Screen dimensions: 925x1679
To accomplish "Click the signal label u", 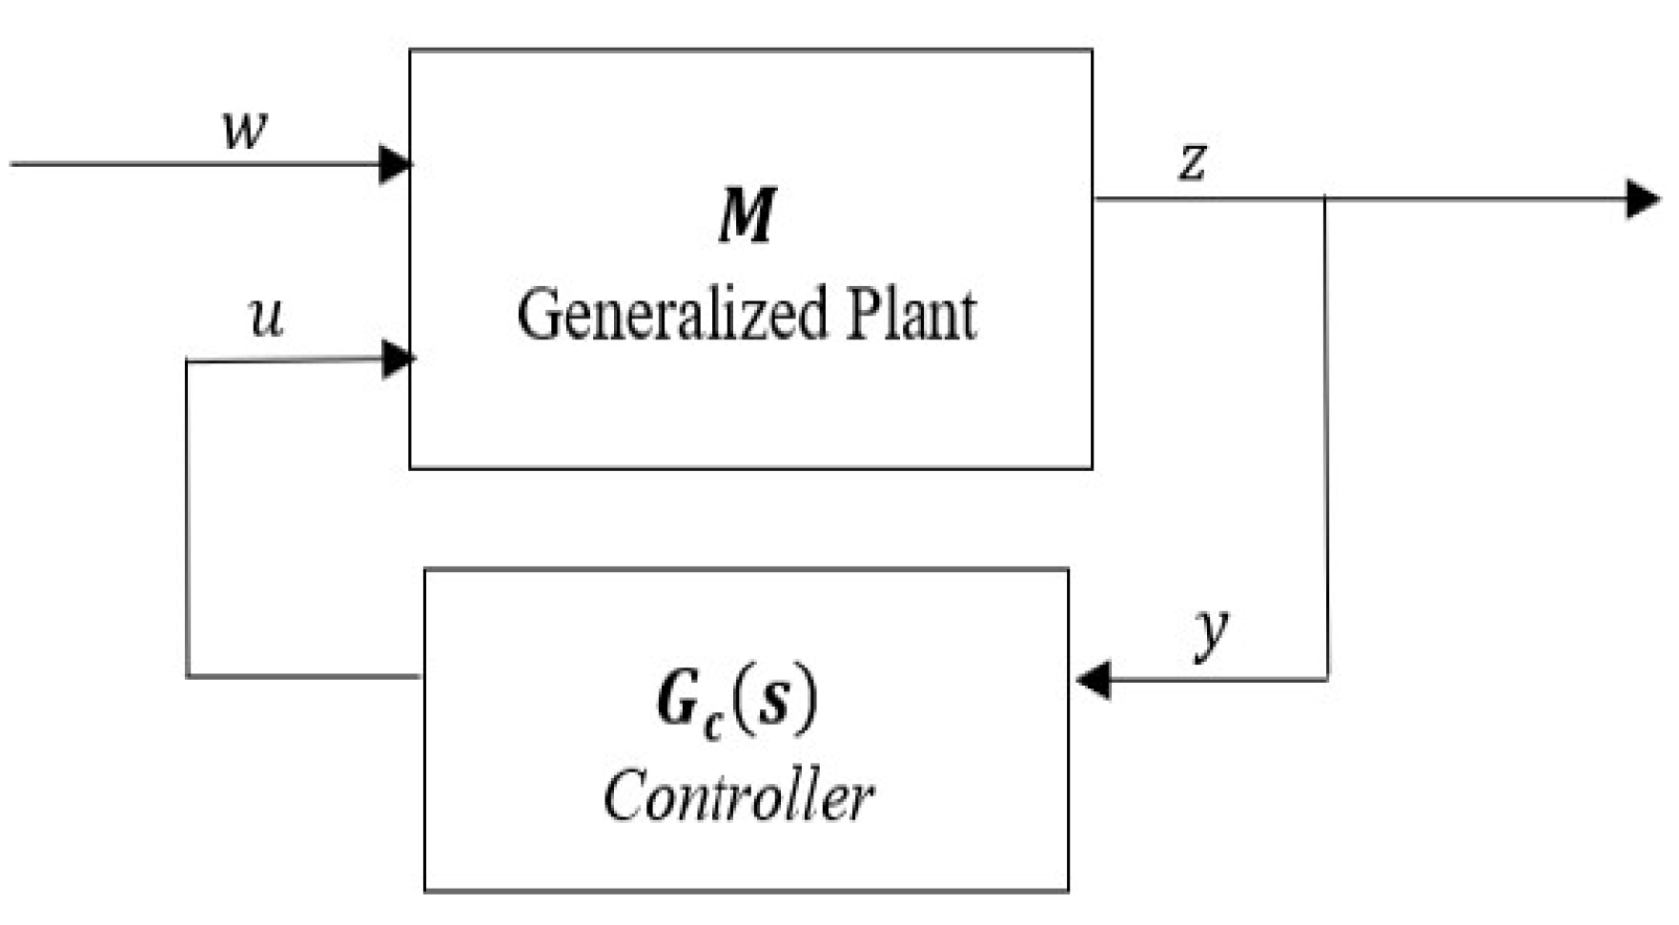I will pyautogui.click(x=266, y=317).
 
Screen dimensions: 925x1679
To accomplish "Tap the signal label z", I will pyautogui.click(x=1192, y=161).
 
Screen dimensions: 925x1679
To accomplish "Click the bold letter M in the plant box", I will pyautogui.click(x=747, y=216).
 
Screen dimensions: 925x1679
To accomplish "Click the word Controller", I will pyautogui.click(x=739, y=795).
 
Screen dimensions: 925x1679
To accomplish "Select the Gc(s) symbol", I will pyautogui.click(x=737, y=702).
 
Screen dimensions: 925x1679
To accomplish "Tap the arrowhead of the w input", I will pyautogui.click(x=395, y=164).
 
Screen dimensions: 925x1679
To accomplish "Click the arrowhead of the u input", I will pyautogui.click(x=398, y=360).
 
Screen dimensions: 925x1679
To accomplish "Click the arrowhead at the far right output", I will pyautogui.click(x=1643, y=199).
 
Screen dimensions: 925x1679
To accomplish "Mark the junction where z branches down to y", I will pyautogui.click(x=1325, y=199).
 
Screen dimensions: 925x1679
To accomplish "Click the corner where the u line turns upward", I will pyautogui.click(x=188, y=676).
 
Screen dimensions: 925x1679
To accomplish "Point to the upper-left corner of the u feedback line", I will pyautogui.click(x=188, y=361).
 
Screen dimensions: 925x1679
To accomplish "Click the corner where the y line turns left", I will pyautogui.click(x=1326, y=679).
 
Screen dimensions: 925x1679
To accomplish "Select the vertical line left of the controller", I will pyautogui.click(x=188, y=520).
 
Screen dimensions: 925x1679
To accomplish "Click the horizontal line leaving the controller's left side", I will pyautogui.click(x=305, y=676).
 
